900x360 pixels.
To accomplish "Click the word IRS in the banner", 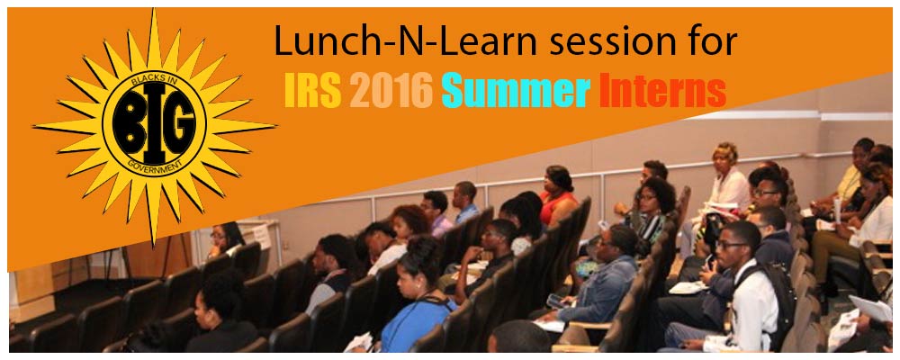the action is [x=313, y=92].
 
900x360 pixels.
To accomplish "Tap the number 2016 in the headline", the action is [x=391, y=92].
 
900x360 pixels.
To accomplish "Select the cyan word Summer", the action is [x=516, y=92].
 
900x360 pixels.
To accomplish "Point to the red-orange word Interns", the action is [x=663, y=92].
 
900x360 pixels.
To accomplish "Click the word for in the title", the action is [x=707, y=42].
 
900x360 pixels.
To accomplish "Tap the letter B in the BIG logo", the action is [x=128, y=125].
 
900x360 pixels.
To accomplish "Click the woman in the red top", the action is [x=557, y=195].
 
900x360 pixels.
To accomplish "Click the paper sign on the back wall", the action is [x=261, y=236].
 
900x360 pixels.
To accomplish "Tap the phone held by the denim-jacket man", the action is [x=555, y=301].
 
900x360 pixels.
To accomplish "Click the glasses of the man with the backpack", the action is [x=730, y=245].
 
